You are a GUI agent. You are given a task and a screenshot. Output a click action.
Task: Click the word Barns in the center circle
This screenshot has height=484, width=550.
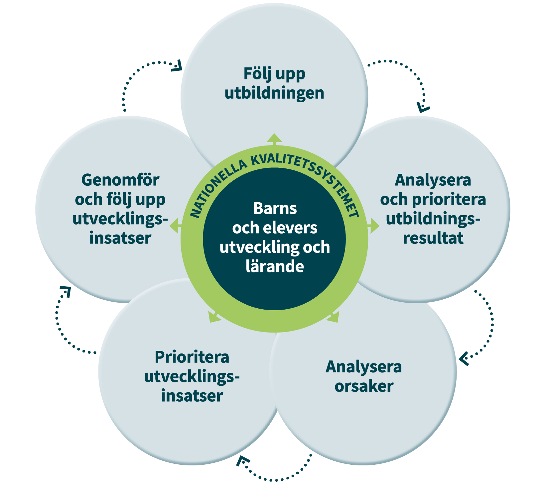(x=275, y=209)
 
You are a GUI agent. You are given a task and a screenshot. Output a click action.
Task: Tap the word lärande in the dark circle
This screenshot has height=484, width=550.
(x=275, y=266)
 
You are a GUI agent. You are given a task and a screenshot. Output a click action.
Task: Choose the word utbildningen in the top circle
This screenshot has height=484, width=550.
(x=274, y=93)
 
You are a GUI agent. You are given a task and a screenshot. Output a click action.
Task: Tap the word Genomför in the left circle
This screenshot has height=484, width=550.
(x=120, y=180)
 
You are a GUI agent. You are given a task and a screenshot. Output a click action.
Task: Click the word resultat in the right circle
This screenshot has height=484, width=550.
(x=433, y=238)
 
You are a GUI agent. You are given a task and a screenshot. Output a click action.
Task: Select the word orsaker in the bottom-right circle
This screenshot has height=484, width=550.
(x=364, y=386)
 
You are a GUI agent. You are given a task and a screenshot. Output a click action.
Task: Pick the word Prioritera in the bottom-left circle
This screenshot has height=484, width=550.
(x=192, y=357)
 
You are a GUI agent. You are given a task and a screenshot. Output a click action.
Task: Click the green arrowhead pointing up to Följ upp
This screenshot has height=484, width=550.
(x=274, y=138)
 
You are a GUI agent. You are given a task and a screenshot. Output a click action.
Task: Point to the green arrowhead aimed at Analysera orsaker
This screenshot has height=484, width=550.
(x=333, y=317)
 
